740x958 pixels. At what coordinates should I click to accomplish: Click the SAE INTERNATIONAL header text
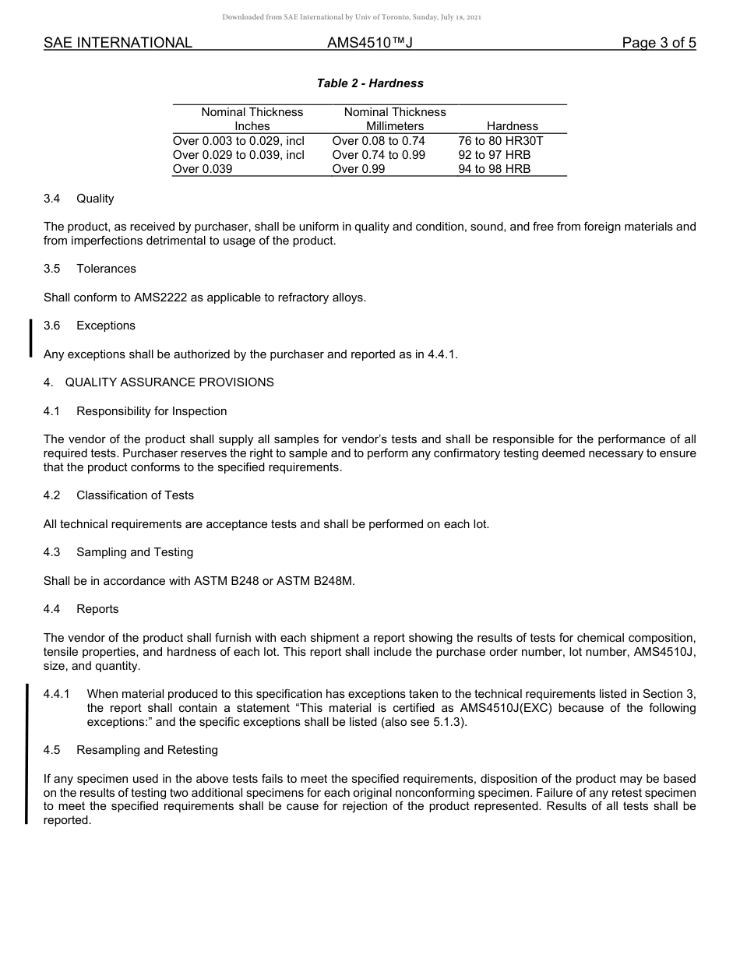point(118,43)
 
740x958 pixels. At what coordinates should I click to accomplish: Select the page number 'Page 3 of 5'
point(658,43)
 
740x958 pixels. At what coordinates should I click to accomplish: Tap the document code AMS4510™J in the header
point(369,43)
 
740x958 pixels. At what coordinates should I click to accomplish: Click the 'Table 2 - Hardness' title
point(370,83)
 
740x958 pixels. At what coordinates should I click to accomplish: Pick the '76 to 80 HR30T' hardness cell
point(500,141)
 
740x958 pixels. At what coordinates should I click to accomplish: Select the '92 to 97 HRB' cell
point(494,155)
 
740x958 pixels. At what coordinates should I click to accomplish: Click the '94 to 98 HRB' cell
point(494,169)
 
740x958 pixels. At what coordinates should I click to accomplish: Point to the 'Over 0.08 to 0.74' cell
point(379,141)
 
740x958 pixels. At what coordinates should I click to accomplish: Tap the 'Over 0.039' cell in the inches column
point(203,169)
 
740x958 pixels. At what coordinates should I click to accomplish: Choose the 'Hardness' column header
point(512,126)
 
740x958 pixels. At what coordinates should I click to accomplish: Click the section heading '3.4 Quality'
point(79,199)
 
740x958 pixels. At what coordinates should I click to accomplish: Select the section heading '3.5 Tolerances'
point(90,269)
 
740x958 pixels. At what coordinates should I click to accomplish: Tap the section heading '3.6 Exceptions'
point(90,326)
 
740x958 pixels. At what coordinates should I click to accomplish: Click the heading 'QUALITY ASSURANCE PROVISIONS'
point(169,382)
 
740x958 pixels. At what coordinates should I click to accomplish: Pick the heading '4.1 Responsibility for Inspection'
point(136,411)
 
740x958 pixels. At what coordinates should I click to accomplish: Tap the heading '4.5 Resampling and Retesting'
point(131,750)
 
